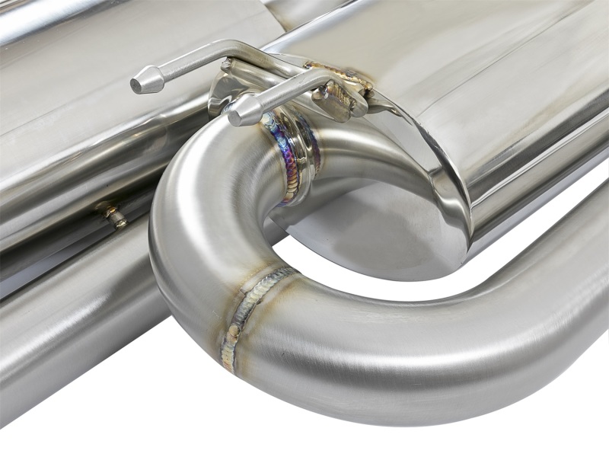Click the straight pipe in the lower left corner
[69, 335]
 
